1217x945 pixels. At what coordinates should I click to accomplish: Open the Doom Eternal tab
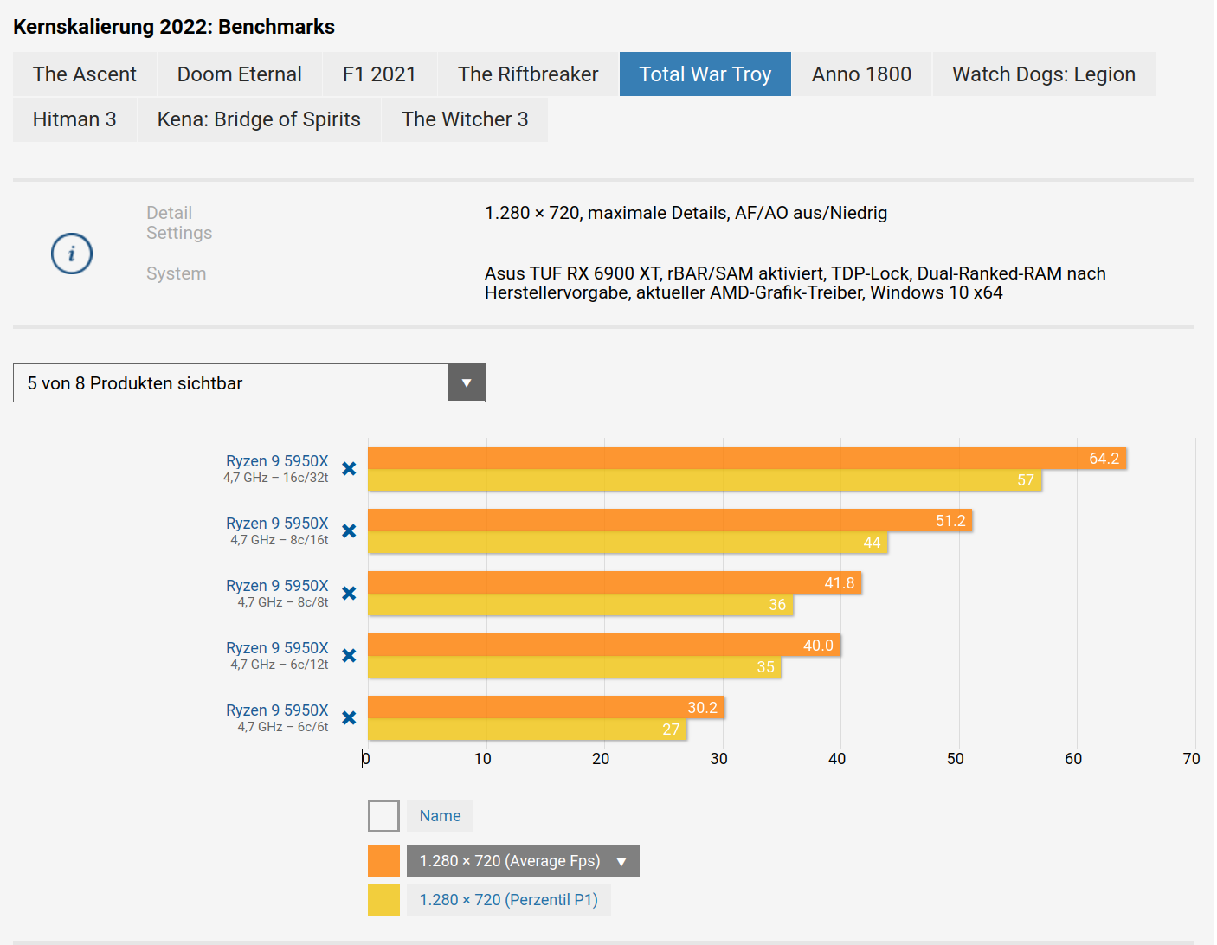239,74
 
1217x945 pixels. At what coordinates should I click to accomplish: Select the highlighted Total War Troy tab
705,74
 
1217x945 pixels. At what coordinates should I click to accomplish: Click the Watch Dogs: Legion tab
1043,74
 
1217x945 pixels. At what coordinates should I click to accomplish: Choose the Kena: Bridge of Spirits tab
259,119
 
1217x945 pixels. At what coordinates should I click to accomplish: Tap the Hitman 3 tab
74,119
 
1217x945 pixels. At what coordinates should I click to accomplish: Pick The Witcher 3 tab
464,119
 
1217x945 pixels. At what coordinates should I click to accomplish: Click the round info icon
72,254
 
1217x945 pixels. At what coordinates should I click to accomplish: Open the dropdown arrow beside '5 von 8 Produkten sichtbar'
467,383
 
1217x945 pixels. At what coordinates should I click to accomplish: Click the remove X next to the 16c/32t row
349,469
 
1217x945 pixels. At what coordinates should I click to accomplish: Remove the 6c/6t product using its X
349,718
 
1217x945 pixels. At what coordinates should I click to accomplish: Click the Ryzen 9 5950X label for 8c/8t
277,586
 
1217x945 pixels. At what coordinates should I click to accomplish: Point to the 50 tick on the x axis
955,759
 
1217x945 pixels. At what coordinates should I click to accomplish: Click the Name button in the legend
440,816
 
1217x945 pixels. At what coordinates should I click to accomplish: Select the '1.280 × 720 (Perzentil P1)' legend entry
508,900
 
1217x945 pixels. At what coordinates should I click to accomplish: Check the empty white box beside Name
383,816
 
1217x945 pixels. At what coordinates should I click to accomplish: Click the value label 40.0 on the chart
818,646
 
